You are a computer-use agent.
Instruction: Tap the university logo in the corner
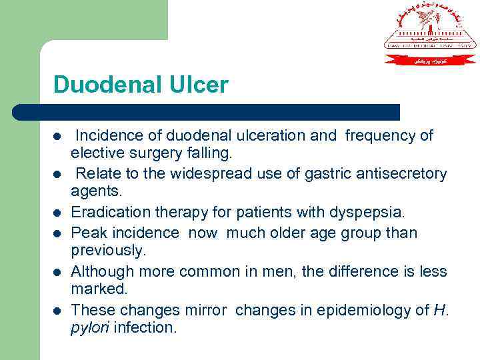pos(430,33)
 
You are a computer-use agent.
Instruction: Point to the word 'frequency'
pos(382,135)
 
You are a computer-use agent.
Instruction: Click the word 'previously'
pos(107,251)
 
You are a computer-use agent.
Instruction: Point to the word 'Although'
pos(100,271)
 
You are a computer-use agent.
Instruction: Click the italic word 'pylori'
pos(88,329)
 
